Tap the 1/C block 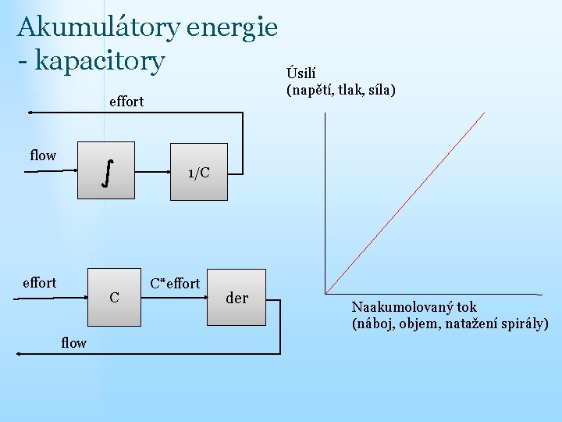click(198, 172)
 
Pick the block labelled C click(115, 297)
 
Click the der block click(237, 298)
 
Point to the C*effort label click(175, 283)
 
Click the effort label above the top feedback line click(126, 101)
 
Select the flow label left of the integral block click(43, 156)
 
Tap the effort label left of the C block click(39, 282)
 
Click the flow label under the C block click(73, 342)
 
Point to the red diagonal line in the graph click(406, 202)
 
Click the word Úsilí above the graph click(302, 74)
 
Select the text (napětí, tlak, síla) click(341, 91)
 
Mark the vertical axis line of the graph click(325, 203)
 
